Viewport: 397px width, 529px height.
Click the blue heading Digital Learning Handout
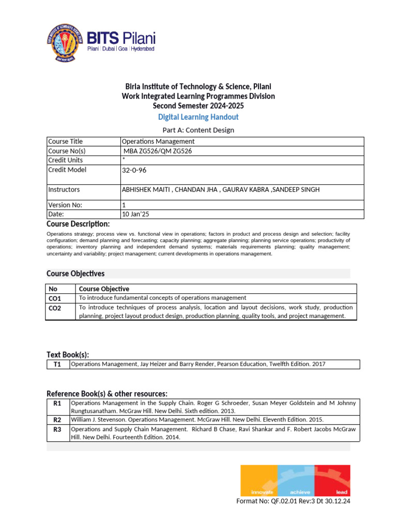(x=198, y=117)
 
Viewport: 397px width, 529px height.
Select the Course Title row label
(x=65, y=142)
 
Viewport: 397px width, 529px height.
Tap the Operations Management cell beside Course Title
(x=158, y=142)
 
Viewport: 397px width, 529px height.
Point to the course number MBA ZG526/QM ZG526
(x=159, y=151)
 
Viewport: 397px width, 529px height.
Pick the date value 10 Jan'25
(x=135, y=214)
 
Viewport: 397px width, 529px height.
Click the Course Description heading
(x=78, y=224)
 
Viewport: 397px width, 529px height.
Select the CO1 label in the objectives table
(x=55, y=299)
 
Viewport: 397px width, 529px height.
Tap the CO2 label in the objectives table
(x=55, y=308)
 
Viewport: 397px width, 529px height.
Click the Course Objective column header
(x=104, y=289)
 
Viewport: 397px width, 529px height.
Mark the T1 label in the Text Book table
(x=57, y=365)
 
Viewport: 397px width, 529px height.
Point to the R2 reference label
(x=57, y=419)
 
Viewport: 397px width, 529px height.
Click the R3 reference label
(x=57, y=429)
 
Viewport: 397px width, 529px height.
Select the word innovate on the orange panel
(x=262, y=492)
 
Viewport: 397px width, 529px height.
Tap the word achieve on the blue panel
(x=300, y=492)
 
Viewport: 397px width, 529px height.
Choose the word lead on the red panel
(x=342, y=492)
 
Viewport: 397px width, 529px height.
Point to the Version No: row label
(x=65, y=205)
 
